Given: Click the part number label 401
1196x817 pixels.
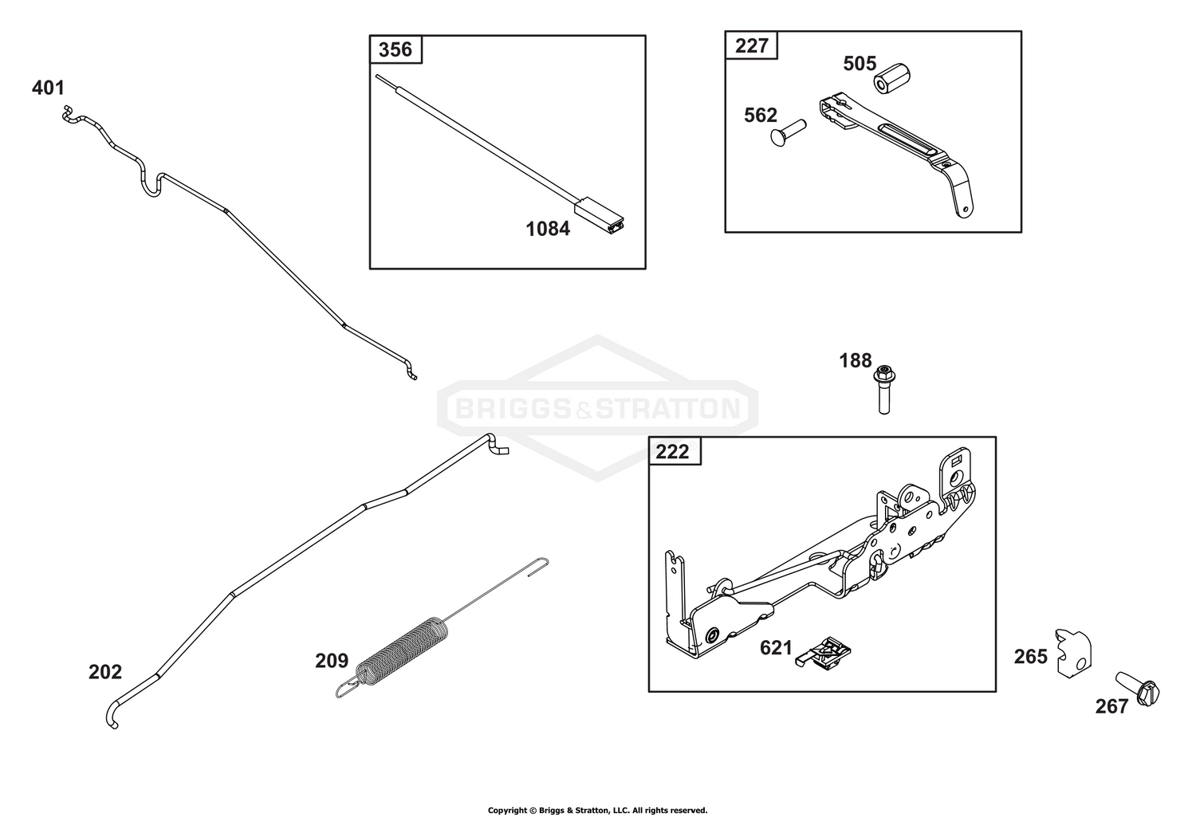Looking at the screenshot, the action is (x=48, y=88).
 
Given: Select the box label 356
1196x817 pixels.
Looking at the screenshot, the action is (x=395, y=49).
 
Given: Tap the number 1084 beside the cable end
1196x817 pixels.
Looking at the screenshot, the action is (x=548, y=229).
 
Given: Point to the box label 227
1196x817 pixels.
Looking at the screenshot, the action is (x=751, y=46).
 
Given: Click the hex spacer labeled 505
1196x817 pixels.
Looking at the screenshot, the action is (x=891, y=78).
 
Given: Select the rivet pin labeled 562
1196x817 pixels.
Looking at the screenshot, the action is (x=788, y=132).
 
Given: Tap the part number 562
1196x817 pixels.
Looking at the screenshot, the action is (x=761, y=116).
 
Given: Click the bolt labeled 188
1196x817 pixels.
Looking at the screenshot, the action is (x=884, y=390).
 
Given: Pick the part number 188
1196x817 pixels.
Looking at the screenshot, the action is (x=856, y=361).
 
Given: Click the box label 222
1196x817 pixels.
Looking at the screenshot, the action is (x=672, y=452).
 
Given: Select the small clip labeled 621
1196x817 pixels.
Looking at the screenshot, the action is (x=823, y=653).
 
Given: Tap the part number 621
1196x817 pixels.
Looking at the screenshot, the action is (x=777, y=648).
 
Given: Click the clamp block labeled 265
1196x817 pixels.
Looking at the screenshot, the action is (x=1074, y=654).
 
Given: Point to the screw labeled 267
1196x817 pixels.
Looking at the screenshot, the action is (x=1138, y=689).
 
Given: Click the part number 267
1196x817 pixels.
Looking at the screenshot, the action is (x=1111, y=706).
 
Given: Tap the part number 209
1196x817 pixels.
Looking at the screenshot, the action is (x=332, y=662).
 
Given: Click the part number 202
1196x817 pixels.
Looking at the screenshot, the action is (x=105, y=672).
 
